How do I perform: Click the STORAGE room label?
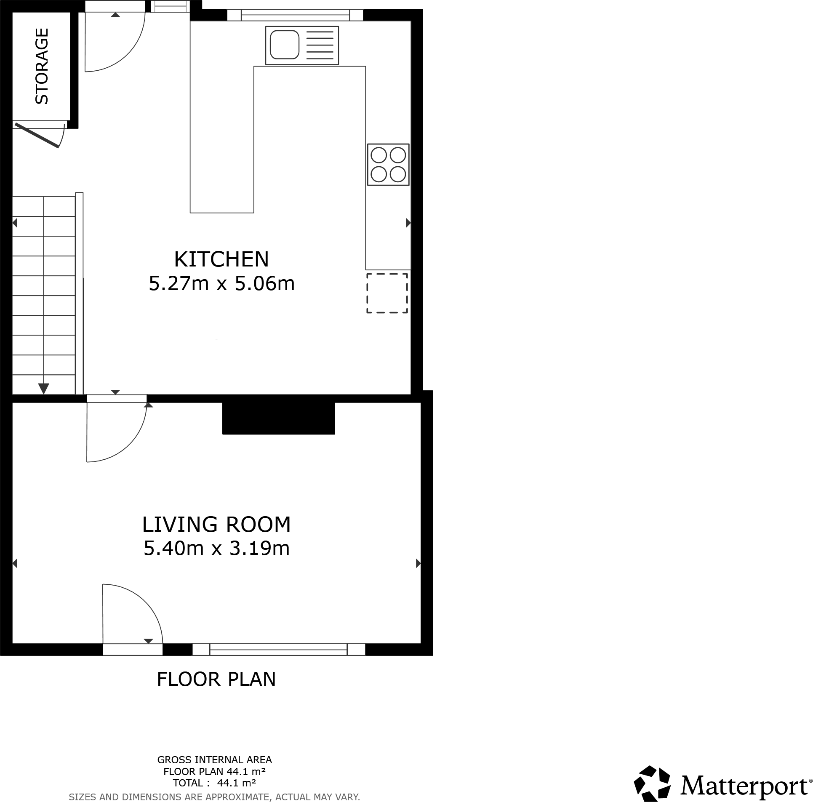pyautogui.click(x=42, y=66)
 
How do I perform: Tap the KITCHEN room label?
pyautogui.click(x=221, y=259)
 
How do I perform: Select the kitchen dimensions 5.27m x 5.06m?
pyautogui.click(x=221, y=283)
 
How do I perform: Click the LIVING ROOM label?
pyautogui.click(x=216, y=524)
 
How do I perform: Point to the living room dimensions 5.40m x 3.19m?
pyautogui.click(x=216, y=548)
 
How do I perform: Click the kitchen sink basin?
pyautogui.click(x=285, y=45)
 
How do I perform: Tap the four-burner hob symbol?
pyautogui.click(x=388, y=165)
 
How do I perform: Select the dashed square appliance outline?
pyautogui.click(x=387, y=293)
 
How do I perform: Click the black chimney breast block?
pyautogui.click(x=278, y=418)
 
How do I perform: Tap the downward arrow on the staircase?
pyautogui.click(x=44, y=388)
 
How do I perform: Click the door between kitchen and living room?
pyautogui.click(x=117, y=399)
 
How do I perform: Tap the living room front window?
pyautogui.click(x=279, y=649)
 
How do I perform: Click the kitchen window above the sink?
pyautogui.click(x=295, y=16)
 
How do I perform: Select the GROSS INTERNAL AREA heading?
pyautogui.click(x=214, y=759)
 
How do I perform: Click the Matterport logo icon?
pyautogui.click(x=652, y=783)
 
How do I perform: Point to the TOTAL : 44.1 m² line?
pyautogui.click(x=214, y=783)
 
